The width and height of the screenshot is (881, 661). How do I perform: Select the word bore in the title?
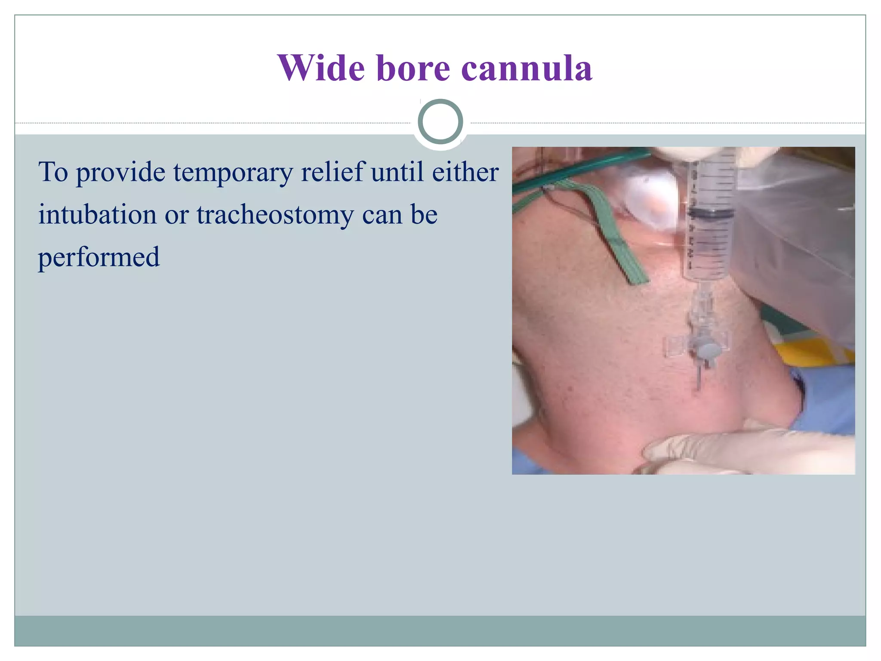[x=413, y=68]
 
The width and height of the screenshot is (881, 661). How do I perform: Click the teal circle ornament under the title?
[x=440, y=122]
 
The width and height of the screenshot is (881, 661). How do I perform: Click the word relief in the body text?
[x=333, y=172]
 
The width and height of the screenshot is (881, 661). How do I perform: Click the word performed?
[x=99, y=257]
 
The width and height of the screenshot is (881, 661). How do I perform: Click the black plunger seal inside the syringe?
[x=709, y=212]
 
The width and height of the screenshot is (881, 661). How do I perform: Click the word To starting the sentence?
[x=53, y=172]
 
